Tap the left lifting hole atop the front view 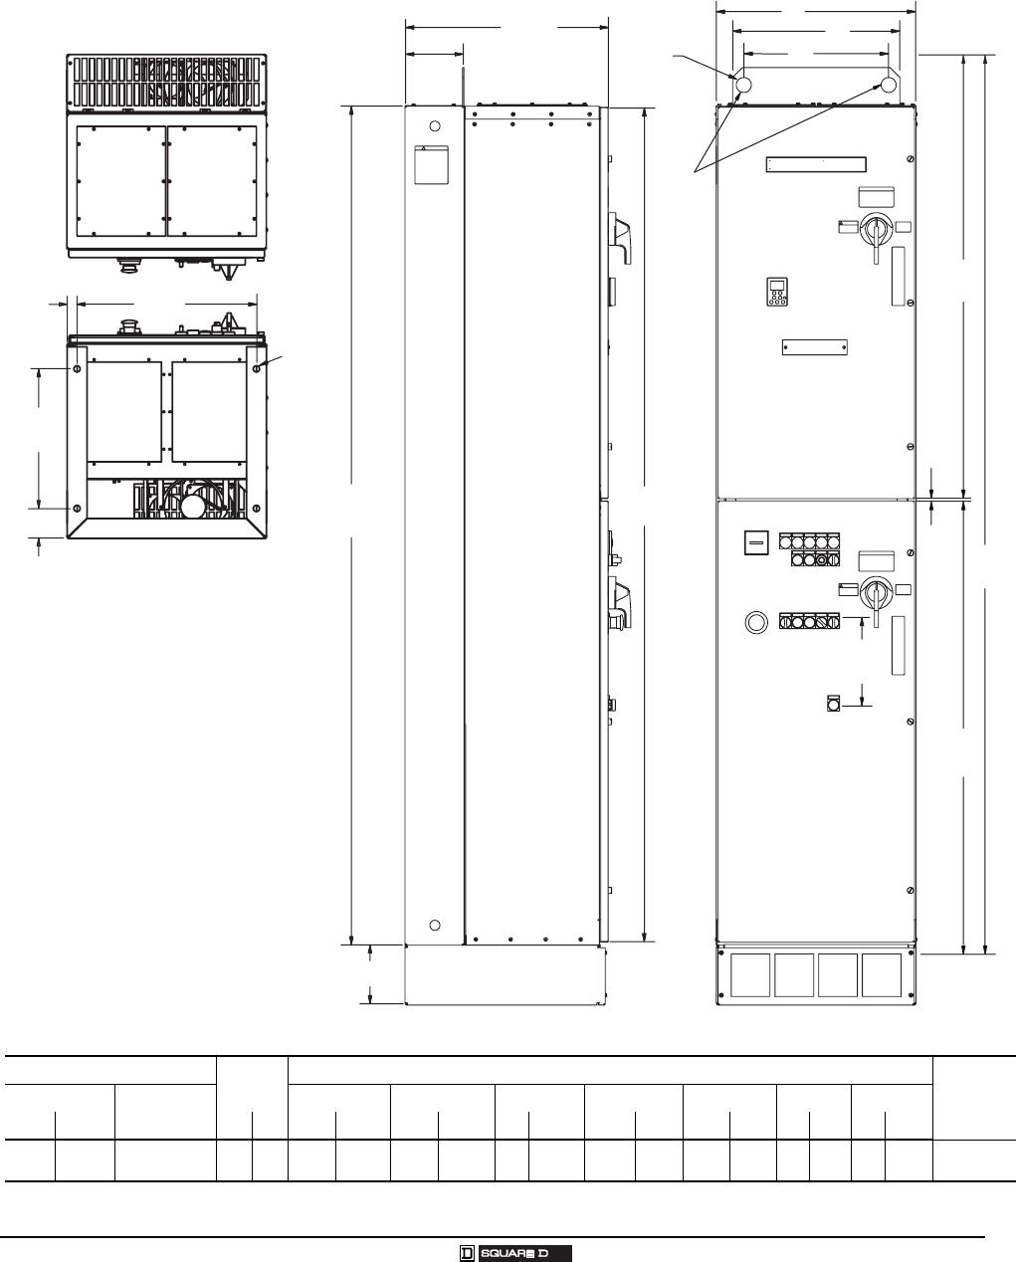[742, 85]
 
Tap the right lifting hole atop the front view [889, 85]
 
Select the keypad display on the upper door [777, 292]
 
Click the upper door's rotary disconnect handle [875, 232]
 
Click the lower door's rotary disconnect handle [875, 595]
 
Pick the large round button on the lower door [756, 622]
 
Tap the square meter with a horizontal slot [756, 542]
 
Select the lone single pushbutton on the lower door [833, 703]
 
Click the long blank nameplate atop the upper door [816, 164]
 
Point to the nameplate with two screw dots [814, 347]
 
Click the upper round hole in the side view [435, 126]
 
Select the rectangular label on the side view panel [432, 165]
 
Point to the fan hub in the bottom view [193, 506]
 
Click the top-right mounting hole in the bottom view [257, 368]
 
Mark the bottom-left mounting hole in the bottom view [77, 508]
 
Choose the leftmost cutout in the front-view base [750, 975]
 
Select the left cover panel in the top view [121, 180]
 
